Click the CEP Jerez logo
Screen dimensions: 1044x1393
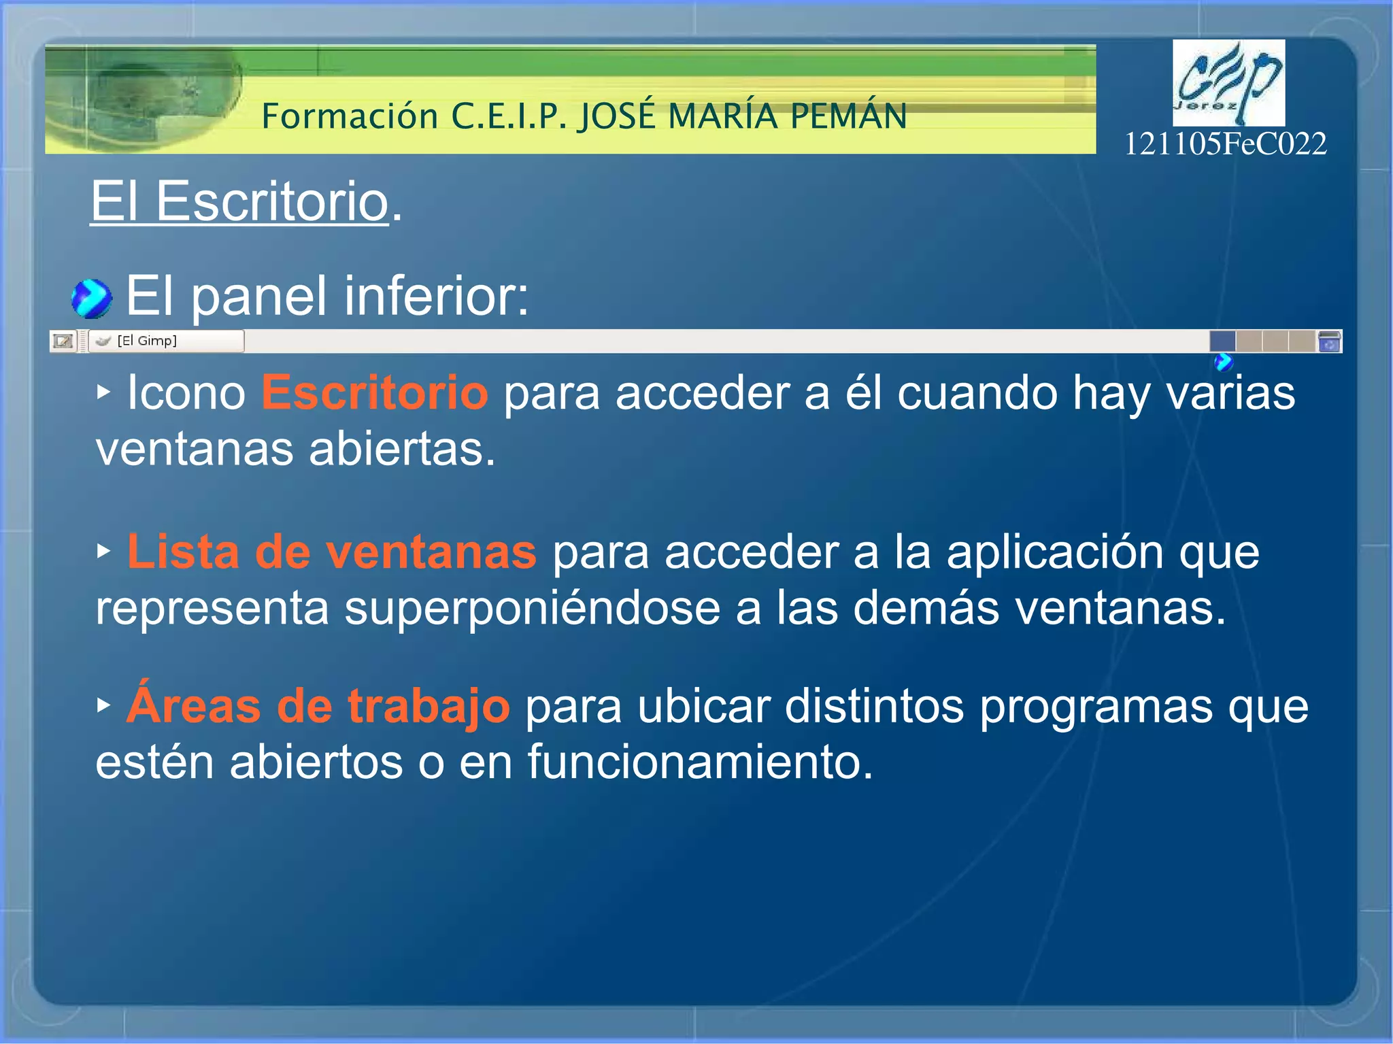[1228, 82]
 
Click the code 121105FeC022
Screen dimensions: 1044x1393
[1225, 144]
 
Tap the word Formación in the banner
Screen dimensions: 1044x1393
[350, 116]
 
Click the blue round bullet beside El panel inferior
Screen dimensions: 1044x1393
[91, 299]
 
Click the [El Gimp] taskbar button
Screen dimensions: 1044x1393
[166, 341]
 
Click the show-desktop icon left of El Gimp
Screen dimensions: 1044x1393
[63, 341]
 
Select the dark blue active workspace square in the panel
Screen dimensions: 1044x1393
[1222, 341]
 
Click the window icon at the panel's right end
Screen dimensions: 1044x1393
[1328, 341]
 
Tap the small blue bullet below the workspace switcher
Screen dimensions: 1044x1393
[1223, 362]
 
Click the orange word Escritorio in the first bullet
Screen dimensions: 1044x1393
[375, 393]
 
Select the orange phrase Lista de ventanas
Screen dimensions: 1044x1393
[331, 552]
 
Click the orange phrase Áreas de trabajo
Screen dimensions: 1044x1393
[318, 706]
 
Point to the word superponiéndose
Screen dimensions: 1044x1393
[532, 607]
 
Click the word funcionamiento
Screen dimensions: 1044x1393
[700, 762]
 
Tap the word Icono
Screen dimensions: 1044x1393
[186, 393]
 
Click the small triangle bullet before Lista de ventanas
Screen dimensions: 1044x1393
[103, 551]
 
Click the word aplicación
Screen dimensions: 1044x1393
[1055, 552]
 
